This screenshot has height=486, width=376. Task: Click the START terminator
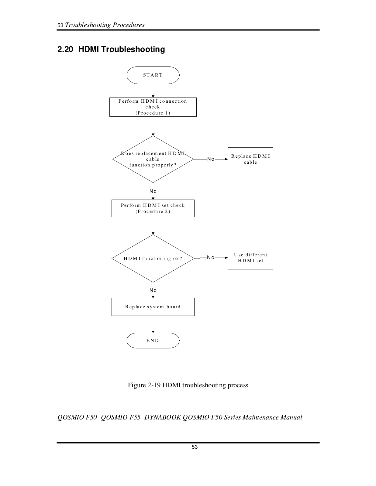(153, 75)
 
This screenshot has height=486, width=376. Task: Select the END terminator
(153, 341)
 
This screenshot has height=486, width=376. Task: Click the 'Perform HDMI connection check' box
(153, 107)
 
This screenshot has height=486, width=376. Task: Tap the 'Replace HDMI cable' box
(250, 159)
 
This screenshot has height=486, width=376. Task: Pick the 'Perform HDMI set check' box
(153, 208)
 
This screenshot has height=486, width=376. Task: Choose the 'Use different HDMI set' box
(250, 258)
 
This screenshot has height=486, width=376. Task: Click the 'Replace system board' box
(153, 307)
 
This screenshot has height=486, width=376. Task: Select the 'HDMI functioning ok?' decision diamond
(153, 258)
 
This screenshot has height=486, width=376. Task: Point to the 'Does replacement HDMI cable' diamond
(153, 159)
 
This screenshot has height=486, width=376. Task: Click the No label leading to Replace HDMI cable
(211, 159)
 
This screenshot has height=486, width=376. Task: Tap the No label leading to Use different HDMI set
(211, 257)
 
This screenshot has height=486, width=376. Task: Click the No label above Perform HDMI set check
(153, 191)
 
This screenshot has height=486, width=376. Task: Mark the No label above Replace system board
(153, 290)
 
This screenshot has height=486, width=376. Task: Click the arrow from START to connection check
(153, 91)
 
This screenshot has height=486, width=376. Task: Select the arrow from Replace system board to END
(153, 324)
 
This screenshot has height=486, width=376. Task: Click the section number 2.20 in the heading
(65, 49)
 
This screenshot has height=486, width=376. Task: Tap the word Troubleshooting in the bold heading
(133, 50)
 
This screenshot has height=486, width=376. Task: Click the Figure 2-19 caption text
(188, 385)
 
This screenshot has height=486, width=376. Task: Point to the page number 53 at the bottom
(195, 447)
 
